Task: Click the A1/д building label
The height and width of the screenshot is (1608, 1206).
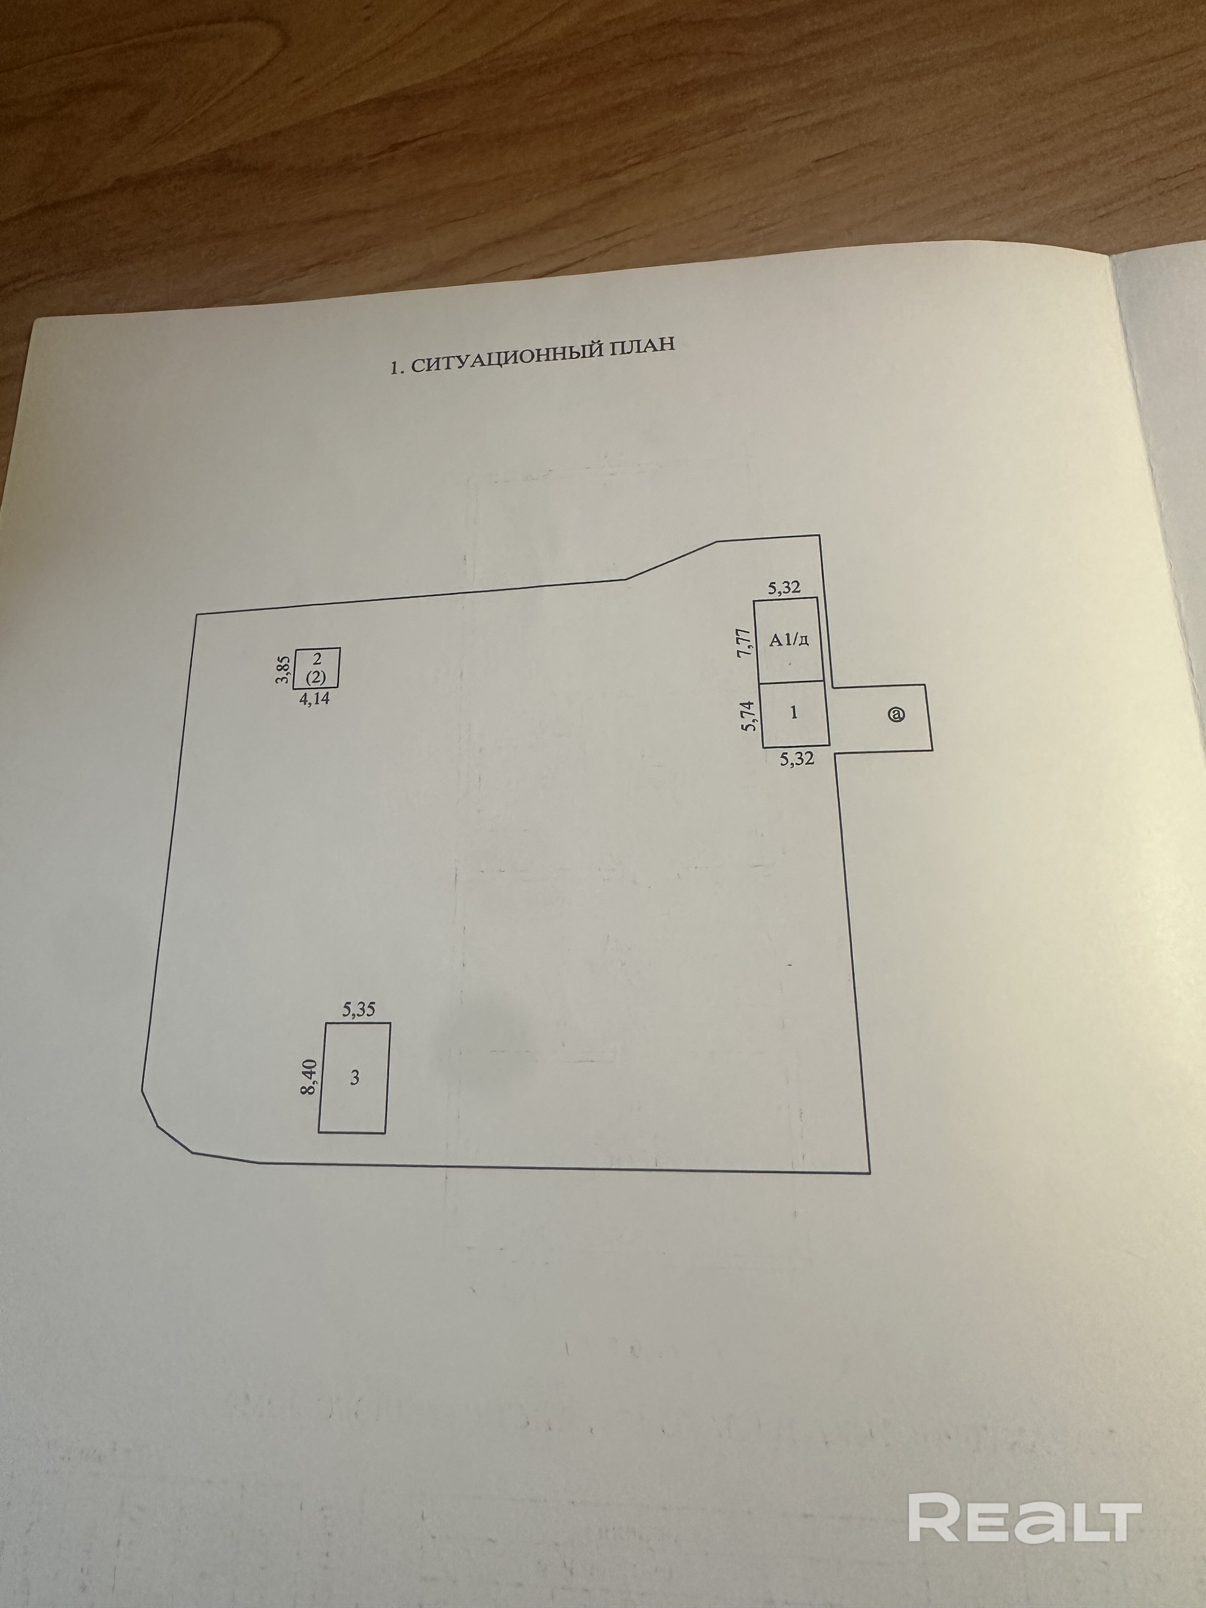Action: point(790,640)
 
